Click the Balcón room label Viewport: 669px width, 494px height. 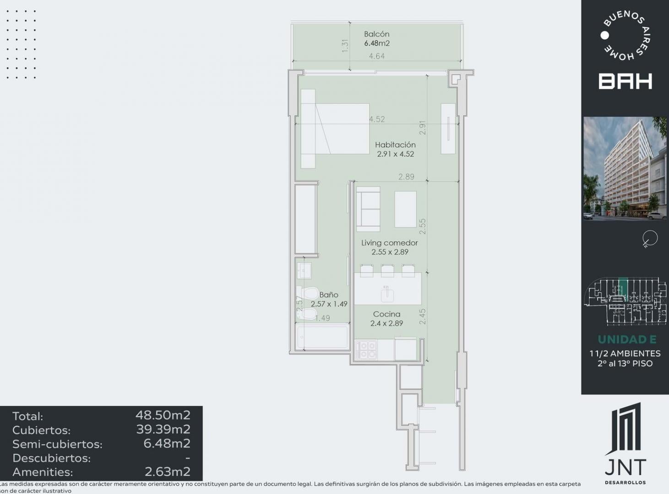[x=376, y=34]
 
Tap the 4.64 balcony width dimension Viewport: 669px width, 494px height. [x=377, y=56]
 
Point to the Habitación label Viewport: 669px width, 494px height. [x=395, y=145]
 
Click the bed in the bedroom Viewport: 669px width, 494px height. [x=335, y=129]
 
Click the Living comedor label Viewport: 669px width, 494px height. [x=389, y=242]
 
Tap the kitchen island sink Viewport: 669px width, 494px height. [x=387, y=294]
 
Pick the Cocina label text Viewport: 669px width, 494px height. [x=386, y=314]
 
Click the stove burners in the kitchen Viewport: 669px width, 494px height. [x=366, y=349]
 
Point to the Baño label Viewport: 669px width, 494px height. [x=329, y=295]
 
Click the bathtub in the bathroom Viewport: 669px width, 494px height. [x=322, y=337]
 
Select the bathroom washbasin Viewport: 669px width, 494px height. [x=304, y=270]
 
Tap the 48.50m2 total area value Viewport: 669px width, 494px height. [x=163, y=415]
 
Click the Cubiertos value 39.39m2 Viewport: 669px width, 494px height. [x=163, y=429]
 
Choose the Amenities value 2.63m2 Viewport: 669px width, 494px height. [x=168, y=472]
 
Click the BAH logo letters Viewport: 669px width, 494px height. [x=625, y=81]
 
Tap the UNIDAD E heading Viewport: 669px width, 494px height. [x=627, y=339]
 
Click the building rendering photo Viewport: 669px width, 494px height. [x=625, y=168]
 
